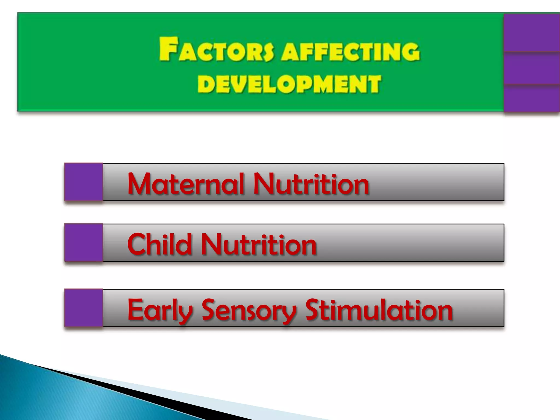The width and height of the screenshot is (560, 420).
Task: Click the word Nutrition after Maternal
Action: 311,184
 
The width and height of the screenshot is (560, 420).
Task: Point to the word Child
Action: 159,244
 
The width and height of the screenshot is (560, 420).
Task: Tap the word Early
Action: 160,310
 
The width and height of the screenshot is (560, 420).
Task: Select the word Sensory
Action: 249,310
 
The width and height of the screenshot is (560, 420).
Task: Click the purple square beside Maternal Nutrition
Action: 84,182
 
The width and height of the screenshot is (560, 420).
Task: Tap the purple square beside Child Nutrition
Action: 84,243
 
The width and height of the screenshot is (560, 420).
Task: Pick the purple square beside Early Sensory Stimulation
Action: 84,308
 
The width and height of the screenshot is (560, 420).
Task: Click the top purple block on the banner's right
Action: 532,32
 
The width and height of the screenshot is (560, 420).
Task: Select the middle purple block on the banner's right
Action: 532,68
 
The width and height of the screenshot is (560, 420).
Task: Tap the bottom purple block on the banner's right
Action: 532,98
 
